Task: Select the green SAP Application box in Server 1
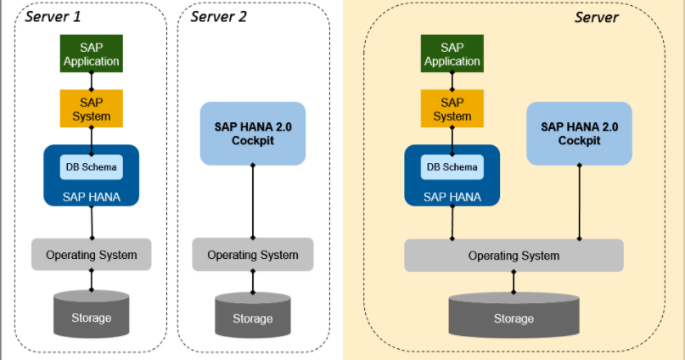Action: click(x=91, y=53)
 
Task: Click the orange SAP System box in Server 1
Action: click(x=91, y=108)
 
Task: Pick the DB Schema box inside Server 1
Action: click(x=92, y=167)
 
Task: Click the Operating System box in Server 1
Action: click(x=92, y=254)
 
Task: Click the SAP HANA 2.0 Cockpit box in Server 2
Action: click(x=252, y=133)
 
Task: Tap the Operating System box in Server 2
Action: click(x=252, y=254)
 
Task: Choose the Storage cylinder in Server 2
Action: click(x=252, y=315)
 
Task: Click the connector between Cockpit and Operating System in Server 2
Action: click(x=252, y=201)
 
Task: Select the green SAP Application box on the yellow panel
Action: click(x=452, y=53)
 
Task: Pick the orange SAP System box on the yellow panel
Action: click(x=452, y=108)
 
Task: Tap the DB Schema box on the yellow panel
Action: click(x=452, y=167)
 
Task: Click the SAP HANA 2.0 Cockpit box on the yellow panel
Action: click(x=579, y=133)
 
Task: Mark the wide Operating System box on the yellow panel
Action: click(x=514, y=255)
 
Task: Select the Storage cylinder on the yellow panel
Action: click(x=514, y=315)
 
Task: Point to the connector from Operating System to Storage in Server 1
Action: click(x=92, y=278)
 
